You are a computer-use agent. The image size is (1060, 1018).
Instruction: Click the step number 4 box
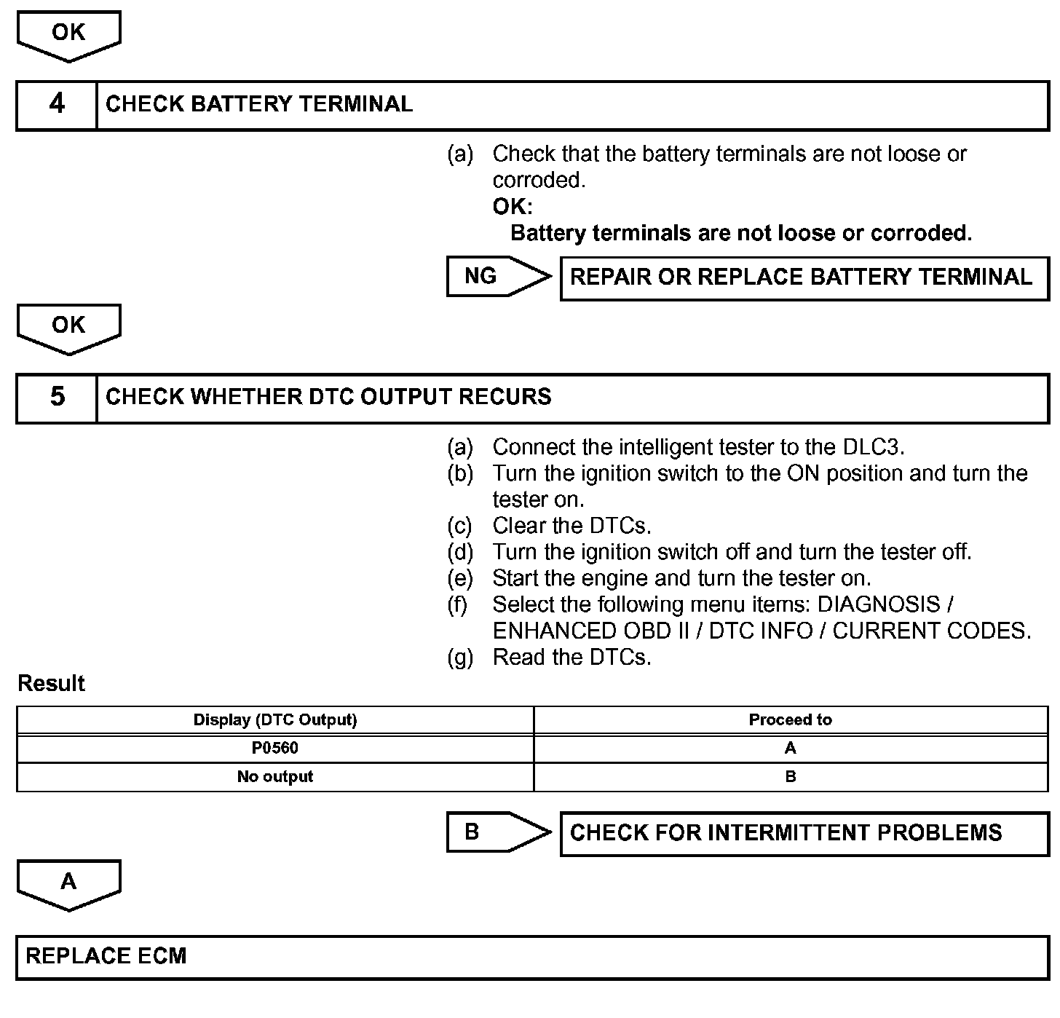tap(57, 105)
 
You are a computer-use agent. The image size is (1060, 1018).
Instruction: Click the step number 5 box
tap(57, 398)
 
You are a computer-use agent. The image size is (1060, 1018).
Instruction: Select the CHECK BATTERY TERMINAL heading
tap(259, 104)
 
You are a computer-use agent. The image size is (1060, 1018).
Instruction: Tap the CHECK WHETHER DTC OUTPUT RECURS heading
tap(328, 397)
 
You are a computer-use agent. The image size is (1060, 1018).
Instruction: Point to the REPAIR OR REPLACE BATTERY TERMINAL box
tap(804, 277)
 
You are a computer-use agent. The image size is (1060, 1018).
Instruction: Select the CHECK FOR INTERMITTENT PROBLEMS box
tap(804, 833)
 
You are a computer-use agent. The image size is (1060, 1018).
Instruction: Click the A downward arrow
tap(68, 883)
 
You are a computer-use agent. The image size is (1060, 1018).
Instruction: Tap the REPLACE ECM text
tap(106, 956)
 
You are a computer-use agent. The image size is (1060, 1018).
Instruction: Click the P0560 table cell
tap(275, 748)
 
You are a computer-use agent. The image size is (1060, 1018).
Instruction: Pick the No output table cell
tap(275, 776)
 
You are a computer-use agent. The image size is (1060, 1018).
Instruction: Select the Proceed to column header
tap(790, 719)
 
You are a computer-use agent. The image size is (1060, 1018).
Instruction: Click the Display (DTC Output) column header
tap(275, 719)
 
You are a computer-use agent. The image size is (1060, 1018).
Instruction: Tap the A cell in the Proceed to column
tap(790, 748)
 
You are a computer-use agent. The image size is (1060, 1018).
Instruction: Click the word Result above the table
tap(51, 683)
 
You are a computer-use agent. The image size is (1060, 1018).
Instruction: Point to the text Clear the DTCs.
tap(571, 526)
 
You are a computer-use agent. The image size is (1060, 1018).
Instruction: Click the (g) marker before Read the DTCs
tap(459, 658)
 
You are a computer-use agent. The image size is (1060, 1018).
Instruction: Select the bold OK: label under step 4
tap(513, 207)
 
